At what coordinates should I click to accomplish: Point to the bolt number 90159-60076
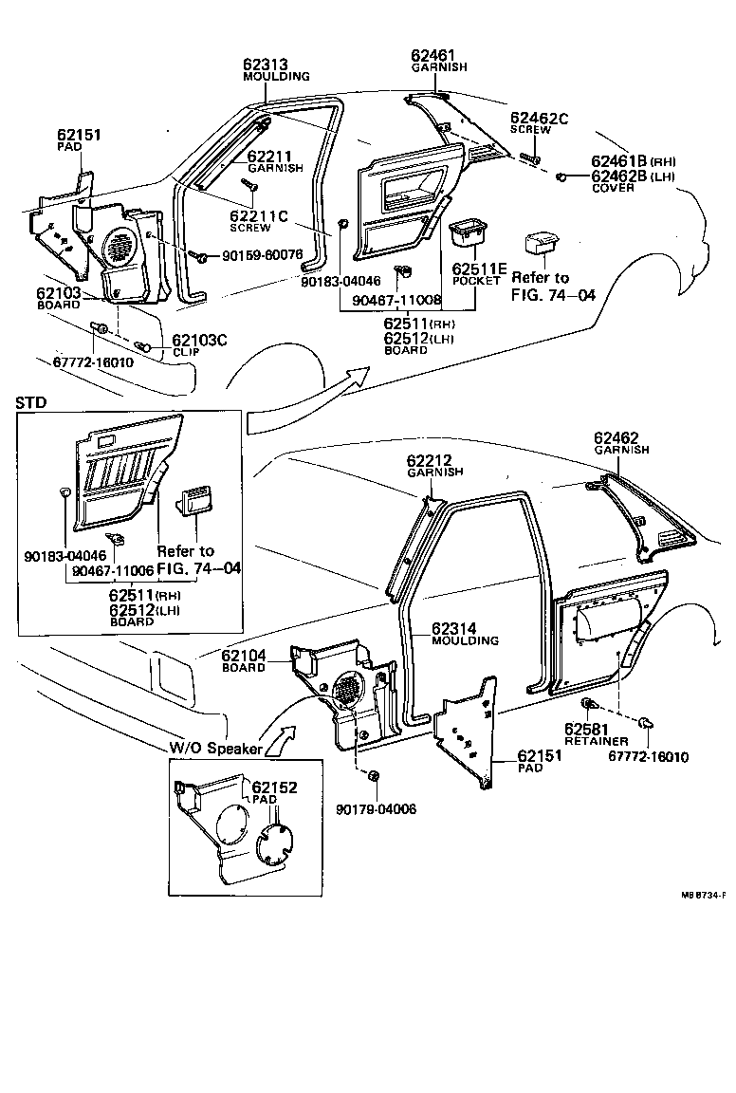click(x=263, y=254)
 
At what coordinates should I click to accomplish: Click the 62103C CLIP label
click(x=198, y=344)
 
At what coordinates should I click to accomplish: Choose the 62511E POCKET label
click(x=476, y=273)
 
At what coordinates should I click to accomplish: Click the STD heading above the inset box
click(x=30, y=401)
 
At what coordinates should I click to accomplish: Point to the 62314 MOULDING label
click(x=465, y=634)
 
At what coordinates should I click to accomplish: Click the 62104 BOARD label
click(x=244, y=660)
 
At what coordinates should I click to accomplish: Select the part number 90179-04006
click(x=376, y=808)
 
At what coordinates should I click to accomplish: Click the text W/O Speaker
click(x=215, y=748)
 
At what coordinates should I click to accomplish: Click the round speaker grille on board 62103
click(x=118, y=248)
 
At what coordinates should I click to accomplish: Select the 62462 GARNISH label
click(x=622, y=443)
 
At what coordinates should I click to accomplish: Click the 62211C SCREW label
click(x=257, y=221)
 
